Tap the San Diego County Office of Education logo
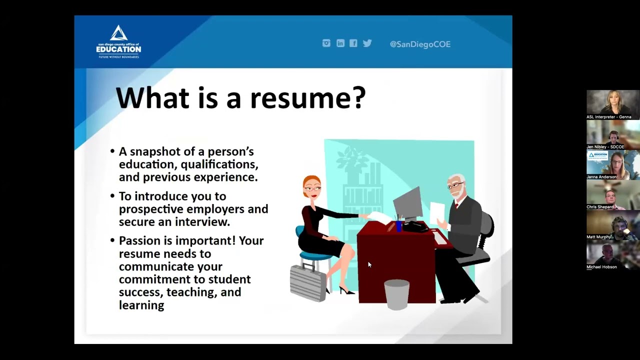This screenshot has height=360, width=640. (118, 42)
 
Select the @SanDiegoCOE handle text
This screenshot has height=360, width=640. (420, 44)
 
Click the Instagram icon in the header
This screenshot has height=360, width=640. (326, 43)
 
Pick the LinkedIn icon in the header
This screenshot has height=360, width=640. (340, 43)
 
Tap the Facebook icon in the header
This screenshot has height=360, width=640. (353, 43)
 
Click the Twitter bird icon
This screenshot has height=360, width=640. (367, 43)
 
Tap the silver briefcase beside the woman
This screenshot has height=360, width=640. (307, 282)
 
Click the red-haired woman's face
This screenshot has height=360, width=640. (312, 187)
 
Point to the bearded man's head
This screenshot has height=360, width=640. (455, 185)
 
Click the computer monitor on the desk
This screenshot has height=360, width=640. (408, 202)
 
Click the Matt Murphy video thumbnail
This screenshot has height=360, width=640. (612, 224)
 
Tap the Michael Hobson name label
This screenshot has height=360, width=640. (601, 267)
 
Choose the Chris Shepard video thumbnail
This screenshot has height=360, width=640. (612, 194)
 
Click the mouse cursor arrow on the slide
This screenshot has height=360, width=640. (369, 265)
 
